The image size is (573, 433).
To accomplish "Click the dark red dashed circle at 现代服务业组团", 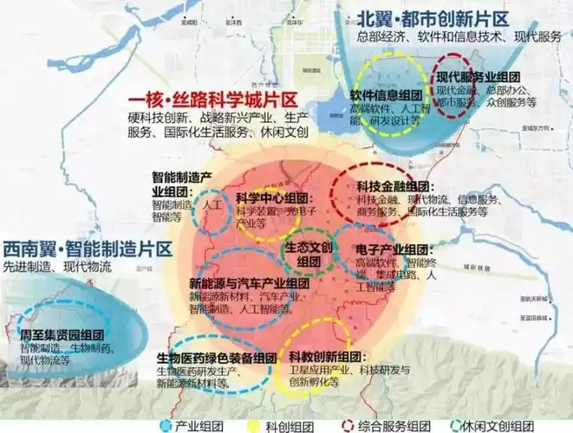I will pos(459,91).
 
